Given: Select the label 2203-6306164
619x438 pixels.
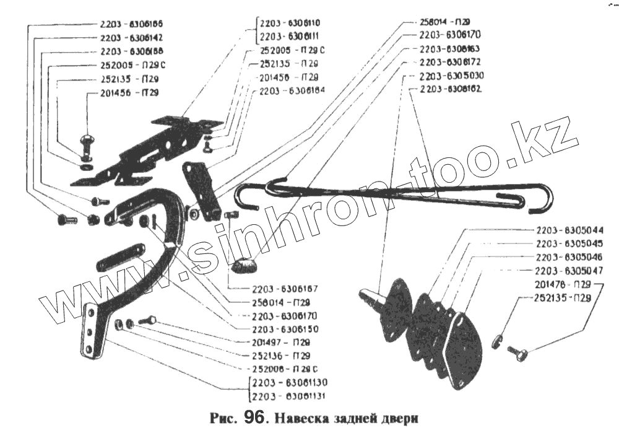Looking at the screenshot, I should [x=293, y=91].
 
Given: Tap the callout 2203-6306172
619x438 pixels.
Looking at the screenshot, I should [x=450, y=63].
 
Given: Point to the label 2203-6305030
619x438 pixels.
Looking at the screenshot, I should [x=451, y=76].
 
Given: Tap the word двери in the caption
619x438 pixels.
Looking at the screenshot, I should [x=397, y=419].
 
